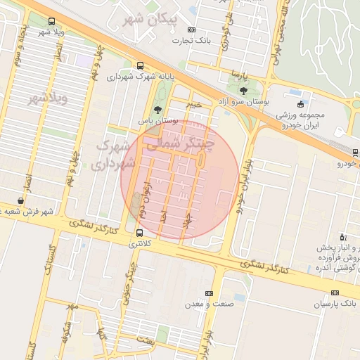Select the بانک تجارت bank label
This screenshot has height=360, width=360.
point(194,41)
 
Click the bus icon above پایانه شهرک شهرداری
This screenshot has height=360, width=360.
point(140,65)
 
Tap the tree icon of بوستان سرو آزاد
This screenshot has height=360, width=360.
point(243,91)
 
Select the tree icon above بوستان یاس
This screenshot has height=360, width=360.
point(157,110)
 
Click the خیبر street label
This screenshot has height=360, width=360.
point(193,104)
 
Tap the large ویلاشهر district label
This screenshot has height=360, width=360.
point(48,98)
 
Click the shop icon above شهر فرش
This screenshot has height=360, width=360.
point(20,200)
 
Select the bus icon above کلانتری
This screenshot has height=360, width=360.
point(139,232)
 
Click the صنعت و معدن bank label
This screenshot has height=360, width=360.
point(208,304)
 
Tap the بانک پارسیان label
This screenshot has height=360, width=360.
point(336,304)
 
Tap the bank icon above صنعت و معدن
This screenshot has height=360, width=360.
point(208,293)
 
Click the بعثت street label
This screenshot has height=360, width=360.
point(144,340)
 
